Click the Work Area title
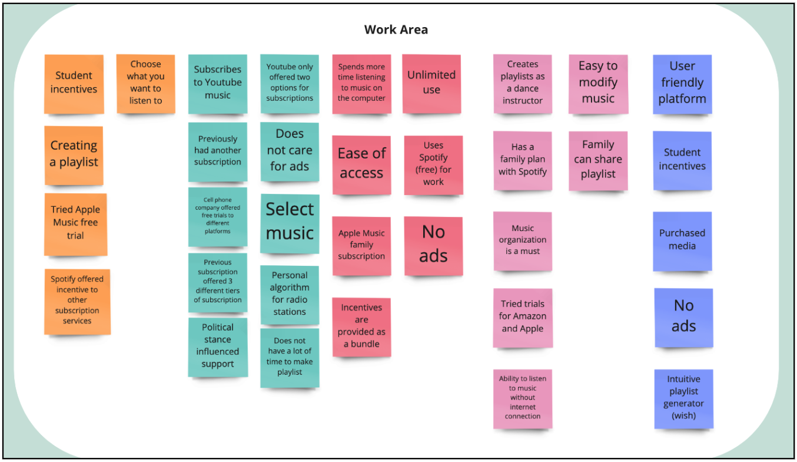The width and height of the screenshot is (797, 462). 396,29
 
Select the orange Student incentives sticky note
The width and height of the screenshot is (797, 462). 74,83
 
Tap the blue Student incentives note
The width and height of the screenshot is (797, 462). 682,160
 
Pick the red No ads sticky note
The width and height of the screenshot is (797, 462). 433,245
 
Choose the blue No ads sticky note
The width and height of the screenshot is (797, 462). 683,316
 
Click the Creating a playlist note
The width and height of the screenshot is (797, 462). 74,154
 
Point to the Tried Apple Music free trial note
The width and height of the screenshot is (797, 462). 75,223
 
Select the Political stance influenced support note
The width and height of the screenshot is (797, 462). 218,346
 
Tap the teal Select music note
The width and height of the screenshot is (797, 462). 290,222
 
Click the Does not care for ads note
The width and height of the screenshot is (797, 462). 290,151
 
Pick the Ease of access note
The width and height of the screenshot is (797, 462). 361,164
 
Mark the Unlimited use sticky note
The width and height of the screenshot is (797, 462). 431,83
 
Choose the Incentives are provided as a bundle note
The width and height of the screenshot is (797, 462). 361,326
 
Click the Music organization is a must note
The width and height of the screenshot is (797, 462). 523,240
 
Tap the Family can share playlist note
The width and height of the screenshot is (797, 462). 598,160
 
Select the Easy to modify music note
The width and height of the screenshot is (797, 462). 598,83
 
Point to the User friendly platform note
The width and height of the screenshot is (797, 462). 682,83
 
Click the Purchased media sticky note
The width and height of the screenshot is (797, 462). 682,240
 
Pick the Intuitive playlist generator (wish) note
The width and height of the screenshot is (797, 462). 683,398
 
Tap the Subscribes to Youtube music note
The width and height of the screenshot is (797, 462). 218,83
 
